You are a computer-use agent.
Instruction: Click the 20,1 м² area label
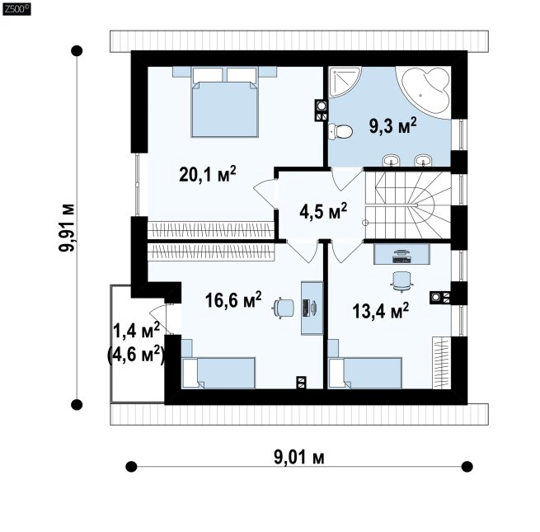(x=208, y=174)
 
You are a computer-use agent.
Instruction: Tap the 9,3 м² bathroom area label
(x=392, y=125)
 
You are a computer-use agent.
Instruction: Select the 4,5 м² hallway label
(x=323, y=210)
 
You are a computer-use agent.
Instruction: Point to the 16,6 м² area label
(x=233, y=299)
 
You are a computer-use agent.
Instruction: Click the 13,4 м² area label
(x=380, y=311)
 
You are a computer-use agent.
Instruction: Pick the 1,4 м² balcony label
(x=136, y=331)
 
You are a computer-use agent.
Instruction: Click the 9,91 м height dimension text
(x=67, y=228)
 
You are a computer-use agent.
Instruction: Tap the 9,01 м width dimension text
(x=299, y=458)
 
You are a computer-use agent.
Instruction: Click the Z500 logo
(x=16, y=9)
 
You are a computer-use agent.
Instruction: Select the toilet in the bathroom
(x=340, y=131)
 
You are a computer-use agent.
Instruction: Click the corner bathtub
(x=425, y=92)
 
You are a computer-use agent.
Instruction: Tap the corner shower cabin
(x=345, y=82)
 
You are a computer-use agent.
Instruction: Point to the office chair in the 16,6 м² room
(x=284, y=308)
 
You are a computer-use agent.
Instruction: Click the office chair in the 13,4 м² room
(x=401, y=281)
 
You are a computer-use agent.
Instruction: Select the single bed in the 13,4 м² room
(x=365, y=373)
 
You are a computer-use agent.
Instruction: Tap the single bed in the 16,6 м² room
(x=218, y=373)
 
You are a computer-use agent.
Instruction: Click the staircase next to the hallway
(x=408, y=205)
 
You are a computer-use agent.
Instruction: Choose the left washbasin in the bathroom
(x=392, y=160)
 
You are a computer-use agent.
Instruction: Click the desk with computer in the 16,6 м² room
(x=312, y=308)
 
